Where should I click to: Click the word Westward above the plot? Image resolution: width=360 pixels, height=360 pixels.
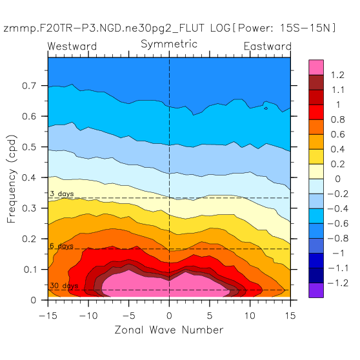[x=72, y=46]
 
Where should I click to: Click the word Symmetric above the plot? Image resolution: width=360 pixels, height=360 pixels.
[x=169, y=44]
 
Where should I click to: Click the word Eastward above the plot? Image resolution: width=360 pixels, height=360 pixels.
[x=268, y=46]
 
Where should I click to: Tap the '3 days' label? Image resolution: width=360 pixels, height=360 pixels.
[x=62, y=194]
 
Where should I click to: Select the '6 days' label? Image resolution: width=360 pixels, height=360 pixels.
[x=62, y=246]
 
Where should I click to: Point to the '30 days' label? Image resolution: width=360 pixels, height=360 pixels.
[x=64, y=286]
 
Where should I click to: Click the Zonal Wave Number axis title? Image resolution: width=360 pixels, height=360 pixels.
[x=169, y=330]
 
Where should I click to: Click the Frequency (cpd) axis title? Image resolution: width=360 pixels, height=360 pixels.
[x=12, y=179]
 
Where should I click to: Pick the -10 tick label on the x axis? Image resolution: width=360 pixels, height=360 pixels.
[x=88, y=315]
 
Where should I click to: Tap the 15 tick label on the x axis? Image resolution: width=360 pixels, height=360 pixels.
[x=290, y=315]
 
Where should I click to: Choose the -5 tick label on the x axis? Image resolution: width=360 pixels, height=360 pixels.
[x=128, y=315]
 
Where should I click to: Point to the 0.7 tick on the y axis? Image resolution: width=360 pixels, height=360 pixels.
[x=29, y=86]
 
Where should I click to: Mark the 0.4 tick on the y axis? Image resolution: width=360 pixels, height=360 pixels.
[x=29, y=177]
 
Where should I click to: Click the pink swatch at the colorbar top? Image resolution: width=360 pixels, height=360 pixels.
[x=316, y=67]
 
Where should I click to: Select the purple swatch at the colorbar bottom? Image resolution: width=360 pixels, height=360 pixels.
[x=316, y=290]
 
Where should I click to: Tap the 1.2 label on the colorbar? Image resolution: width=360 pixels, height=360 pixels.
[x=337, y=75]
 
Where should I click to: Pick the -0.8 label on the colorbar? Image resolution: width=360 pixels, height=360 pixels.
[x=338, y=238]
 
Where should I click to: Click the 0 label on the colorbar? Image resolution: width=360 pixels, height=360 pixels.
[x=337, y=179]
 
